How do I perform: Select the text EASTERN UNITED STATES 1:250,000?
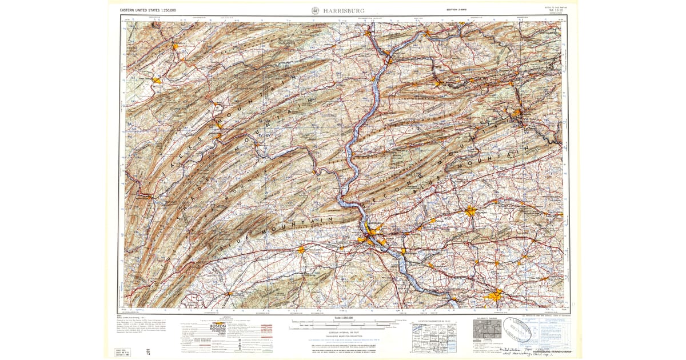coord(148,11)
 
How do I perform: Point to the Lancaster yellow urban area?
coord(495,294)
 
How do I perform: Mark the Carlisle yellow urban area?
coord(301,249)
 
